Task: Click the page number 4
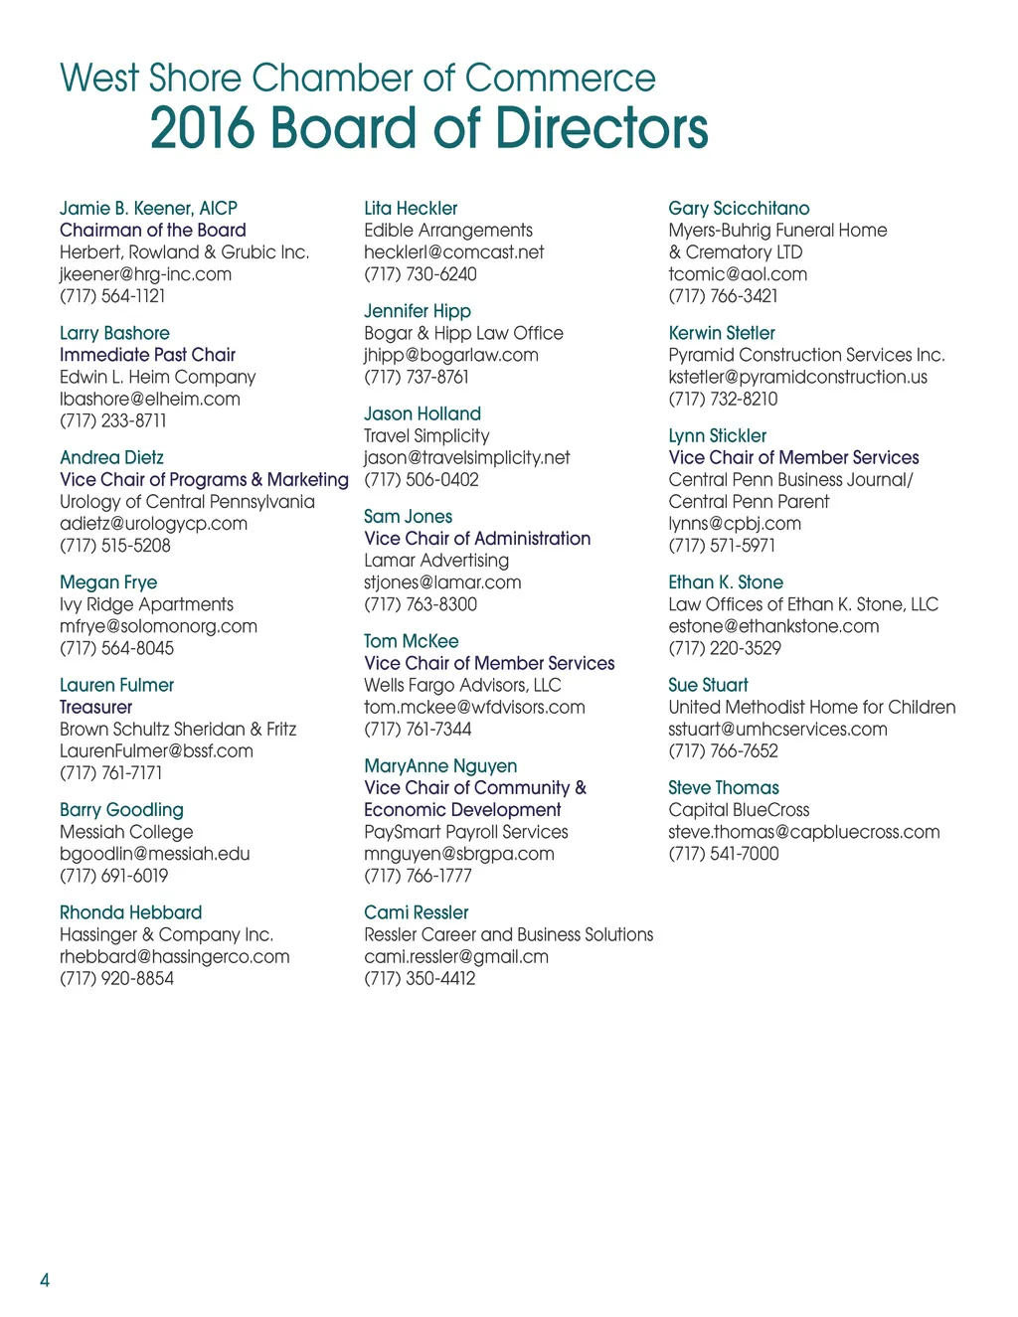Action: pyautogui.click(x=45, y=1279)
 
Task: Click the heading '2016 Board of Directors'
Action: pyautogui.click(x=428, y=128)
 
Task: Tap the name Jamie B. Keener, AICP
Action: pyautogui.click(x=148, y=208)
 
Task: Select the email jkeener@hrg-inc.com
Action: pyautogui.click(x=145, y=273)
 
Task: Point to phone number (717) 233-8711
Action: pyautogui.click(x=113, y=420)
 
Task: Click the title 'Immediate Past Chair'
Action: pyautogui.click(x=147, y=355)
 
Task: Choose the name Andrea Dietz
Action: pyautogui.click(x=111, y=457)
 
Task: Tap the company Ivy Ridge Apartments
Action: pyautogui.click(x=146, y=604)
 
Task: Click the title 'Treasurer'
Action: pyautogui.click(x=95, y=707)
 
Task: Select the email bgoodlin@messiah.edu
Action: pyautogui.click(x=154, y=854)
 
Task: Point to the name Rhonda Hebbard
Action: pyautogui.click(x=130, y=912)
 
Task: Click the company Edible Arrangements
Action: pyautogui.click(x=447, y=230)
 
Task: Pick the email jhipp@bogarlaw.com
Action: pyautogui.click(x=450, y=355)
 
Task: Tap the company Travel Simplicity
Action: pyautogui.click(x=426, y=435)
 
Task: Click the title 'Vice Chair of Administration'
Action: pyautogui.click(x=477, y=539)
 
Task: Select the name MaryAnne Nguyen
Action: pyautogui.click(x=440, y=766)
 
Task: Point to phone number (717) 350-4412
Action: pyautogui.click(x=420, y=978)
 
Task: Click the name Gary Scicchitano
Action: pyautogui.click(x=739, y=208)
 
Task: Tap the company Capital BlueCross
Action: pyautogui.click(x=739, y=810)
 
